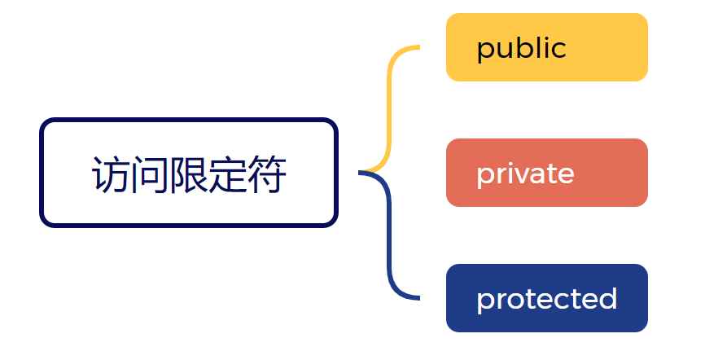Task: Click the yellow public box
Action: [x=546, y=47]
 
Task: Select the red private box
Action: [x=546, y=173]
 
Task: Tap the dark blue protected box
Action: [x=546, y=298]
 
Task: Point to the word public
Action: [x=521, y=49]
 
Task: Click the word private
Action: [x=525, y=173]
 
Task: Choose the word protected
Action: [x=546, y=299]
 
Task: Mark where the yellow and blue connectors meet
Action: [x=361, y=173]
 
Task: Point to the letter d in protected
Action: [x=607, y=298]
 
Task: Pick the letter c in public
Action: [x=558, y=50]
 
